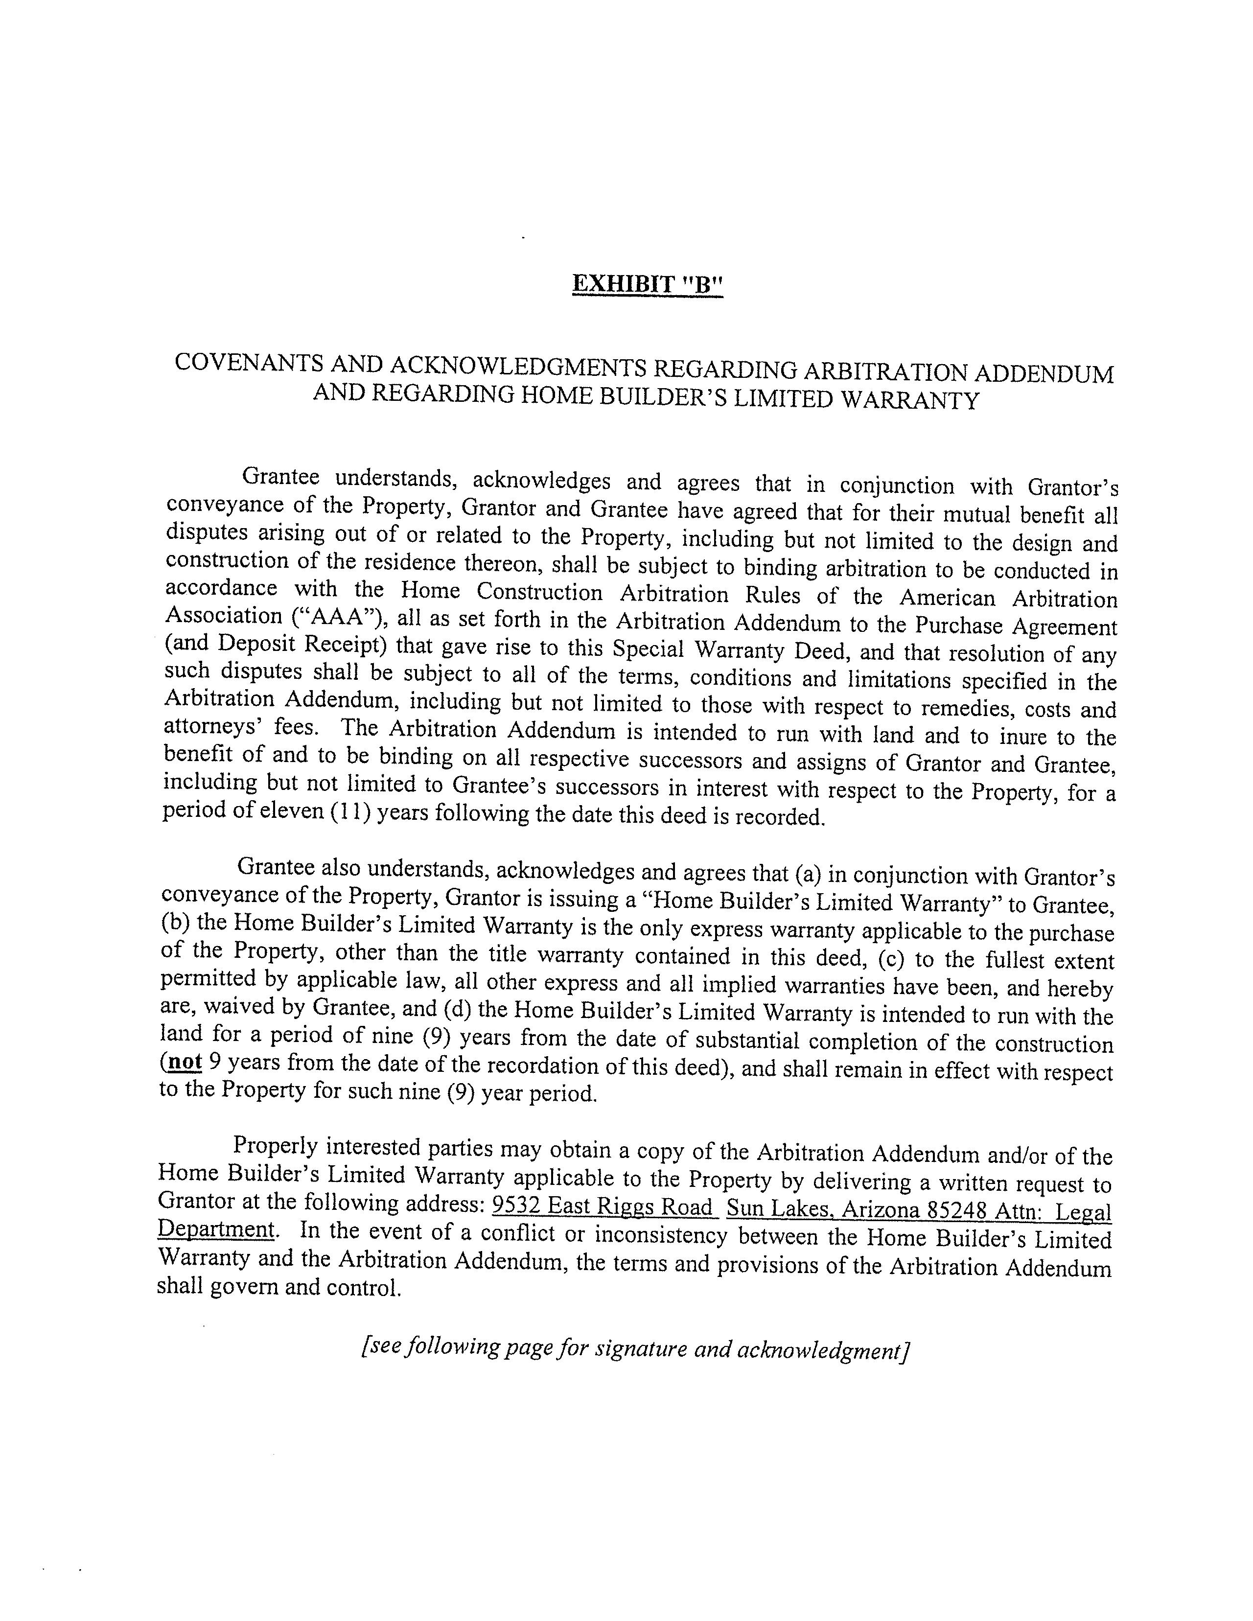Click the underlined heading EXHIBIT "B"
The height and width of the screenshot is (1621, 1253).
tap(647, 284)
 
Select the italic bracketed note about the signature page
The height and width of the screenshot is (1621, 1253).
tap(635, 1348)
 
